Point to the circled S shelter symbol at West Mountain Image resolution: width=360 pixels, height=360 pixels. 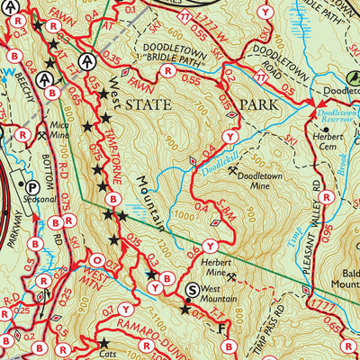[x=192, y=290]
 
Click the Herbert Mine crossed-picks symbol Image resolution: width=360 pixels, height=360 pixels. [x=233, y=275]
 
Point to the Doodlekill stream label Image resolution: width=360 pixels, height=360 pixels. [x=211, y=154]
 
